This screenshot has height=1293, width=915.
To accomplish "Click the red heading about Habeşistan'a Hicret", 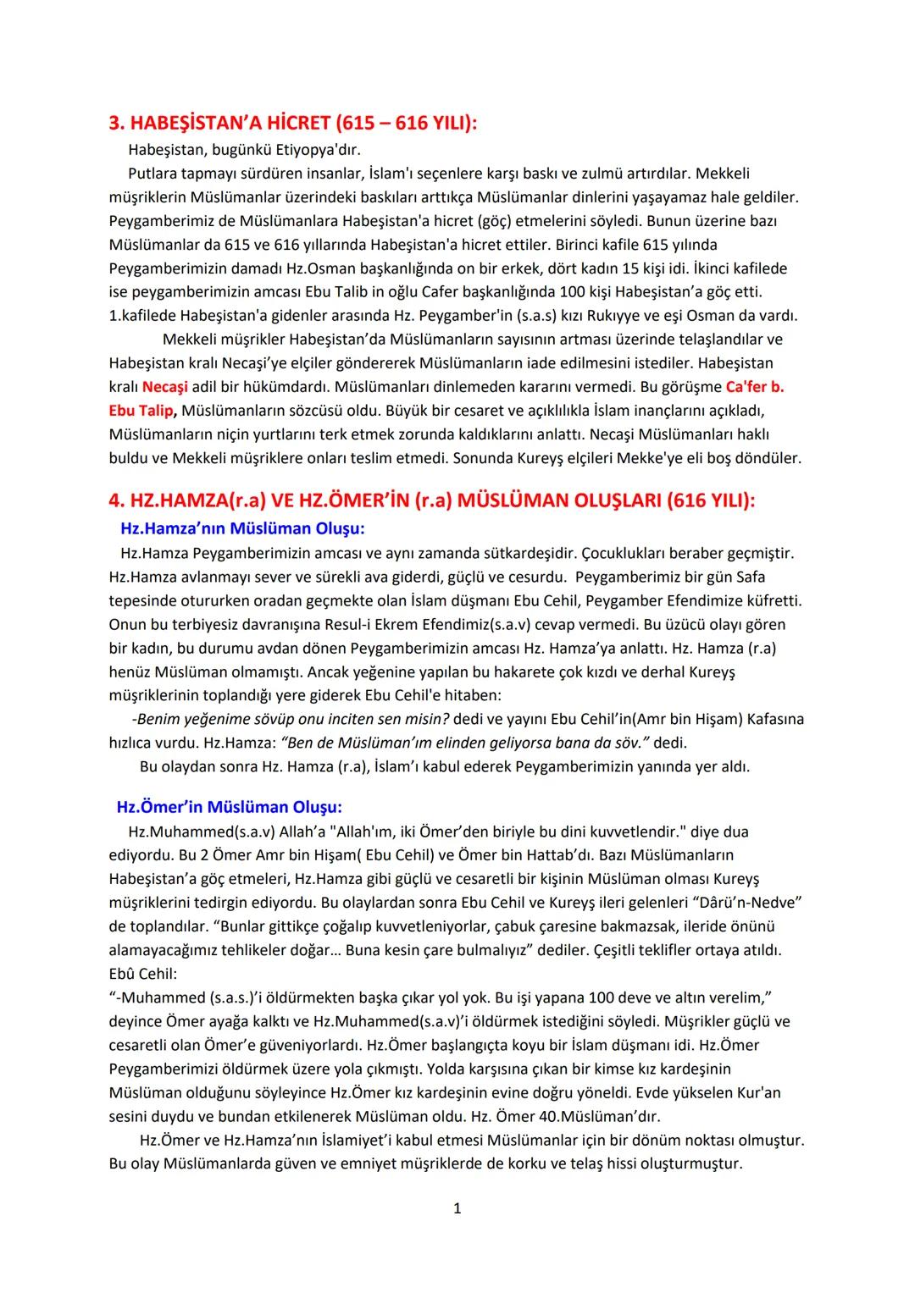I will (293, 123).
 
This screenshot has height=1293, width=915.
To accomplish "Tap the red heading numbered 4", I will (432, 500).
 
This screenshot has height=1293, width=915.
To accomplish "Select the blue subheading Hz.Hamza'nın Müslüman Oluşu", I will (242, 528).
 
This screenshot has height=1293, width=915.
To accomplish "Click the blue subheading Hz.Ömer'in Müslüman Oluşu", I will (229, 807).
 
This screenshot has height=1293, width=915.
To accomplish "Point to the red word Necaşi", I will (164, 387).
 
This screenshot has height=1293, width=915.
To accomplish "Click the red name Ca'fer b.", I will (755, 387).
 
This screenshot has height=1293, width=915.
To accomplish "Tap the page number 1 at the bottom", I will (457, 1208).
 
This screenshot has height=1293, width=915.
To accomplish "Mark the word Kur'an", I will (757, 1092).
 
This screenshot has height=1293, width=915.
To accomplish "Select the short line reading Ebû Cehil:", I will (143, 974).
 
